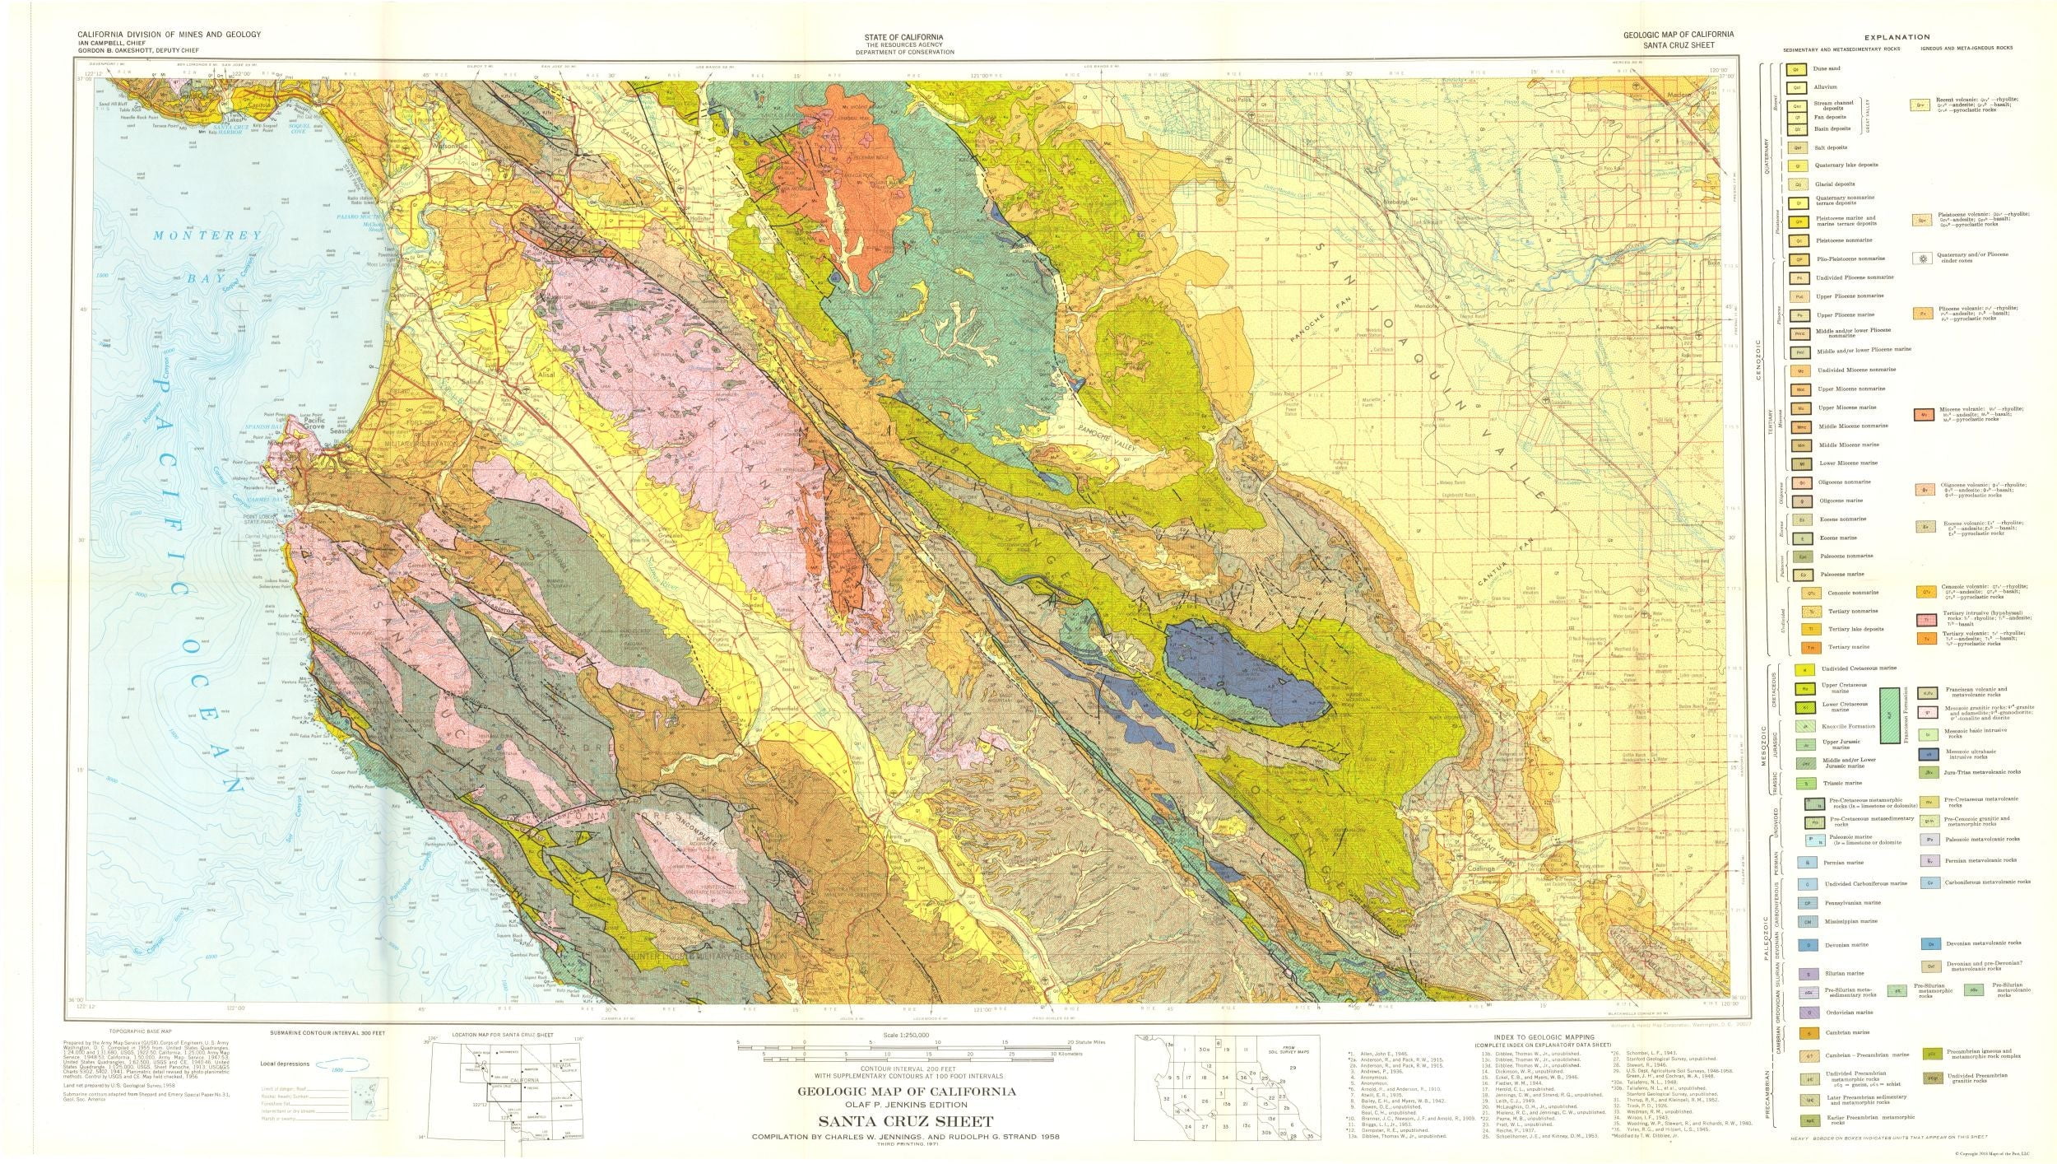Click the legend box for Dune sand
tap(1792, 70)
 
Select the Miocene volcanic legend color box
tap(1923, 415)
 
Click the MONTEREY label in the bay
tap(208, 235)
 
